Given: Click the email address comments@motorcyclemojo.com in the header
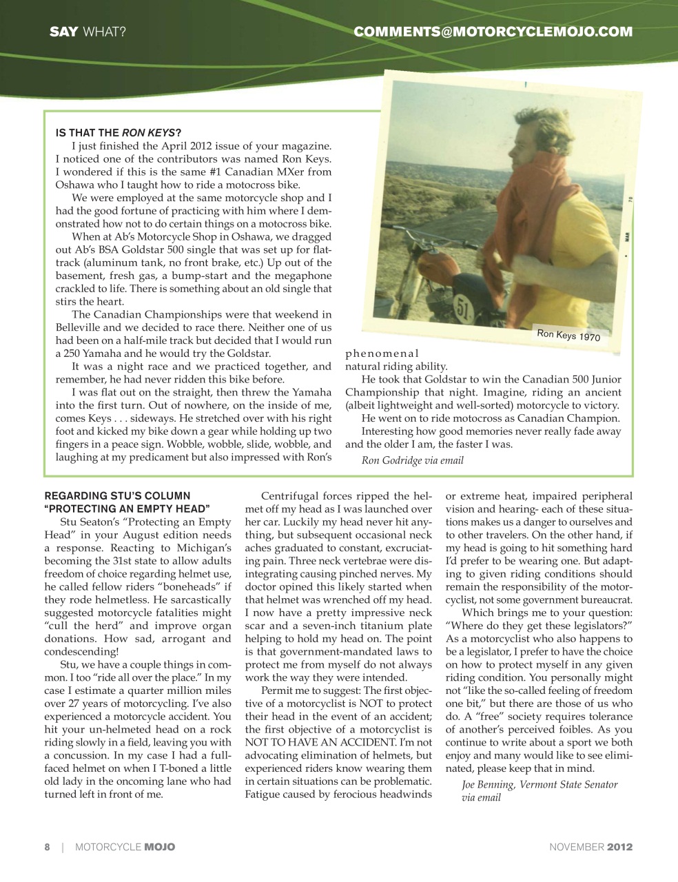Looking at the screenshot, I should point(493,32).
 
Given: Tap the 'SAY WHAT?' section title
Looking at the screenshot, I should point(87,32).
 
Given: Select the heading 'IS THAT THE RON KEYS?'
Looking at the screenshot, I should point(119,132).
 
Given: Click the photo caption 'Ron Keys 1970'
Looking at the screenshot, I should point(568,336).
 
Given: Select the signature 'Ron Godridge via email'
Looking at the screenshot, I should point(413,460).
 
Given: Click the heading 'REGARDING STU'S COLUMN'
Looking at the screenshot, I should point(117,495).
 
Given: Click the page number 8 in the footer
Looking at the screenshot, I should point(47,847).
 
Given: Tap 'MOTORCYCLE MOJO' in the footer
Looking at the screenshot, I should point(125,847).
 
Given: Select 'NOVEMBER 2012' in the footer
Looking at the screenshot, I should point(590,847).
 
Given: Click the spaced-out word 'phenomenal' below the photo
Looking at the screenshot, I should point(382,354).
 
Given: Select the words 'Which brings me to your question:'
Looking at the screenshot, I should point(546,613).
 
